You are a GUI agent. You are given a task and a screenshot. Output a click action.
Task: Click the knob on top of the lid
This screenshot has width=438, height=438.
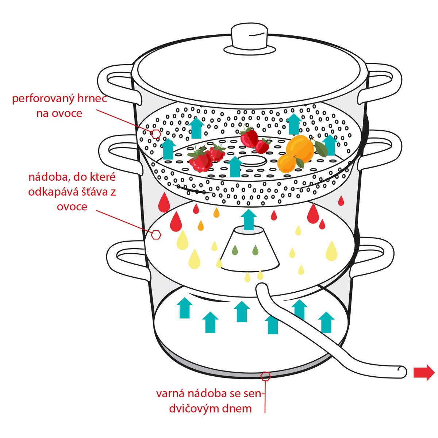point(250,37)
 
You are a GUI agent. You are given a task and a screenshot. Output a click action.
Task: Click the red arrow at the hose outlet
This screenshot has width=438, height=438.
point(424,373)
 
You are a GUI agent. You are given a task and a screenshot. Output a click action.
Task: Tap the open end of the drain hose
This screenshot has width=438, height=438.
point(402,372)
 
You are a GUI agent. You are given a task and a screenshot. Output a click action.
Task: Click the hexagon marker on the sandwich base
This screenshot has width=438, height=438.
point(266,376)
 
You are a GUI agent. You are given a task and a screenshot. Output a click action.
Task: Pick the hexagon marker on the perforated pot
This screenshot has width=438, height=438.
point(156,134)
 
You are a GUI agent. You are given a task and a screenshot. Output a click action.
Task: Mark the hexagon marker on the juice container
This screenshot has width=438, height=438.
point(156,235)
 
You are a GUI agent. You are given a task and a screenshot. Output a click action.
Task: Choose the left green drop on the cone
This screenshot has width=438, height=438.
point(235,250)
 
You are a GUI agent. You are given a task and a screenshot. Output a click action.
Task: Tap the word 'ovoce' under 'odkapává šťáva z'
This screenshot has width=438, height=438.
point(72,207)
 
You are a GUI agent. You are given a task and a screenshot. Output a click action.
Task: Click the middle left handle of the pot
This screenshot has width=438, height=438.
point(119,153)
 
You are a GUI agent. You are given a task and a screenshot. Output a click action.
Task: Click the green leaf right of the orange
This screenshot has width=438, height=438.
point(321,148)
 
